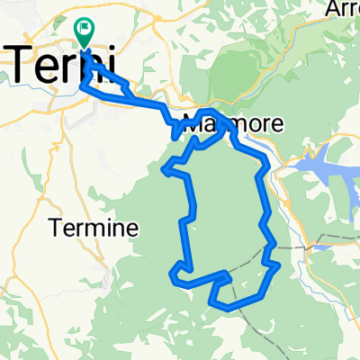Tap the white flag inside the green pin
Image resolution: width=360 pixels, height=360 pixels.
coord(85,31)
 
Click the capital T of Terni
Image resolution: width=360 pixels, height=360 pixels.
coord(23,65)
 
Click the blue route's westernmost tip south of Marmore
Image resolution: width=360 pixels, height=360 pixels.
coord(163,167)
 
